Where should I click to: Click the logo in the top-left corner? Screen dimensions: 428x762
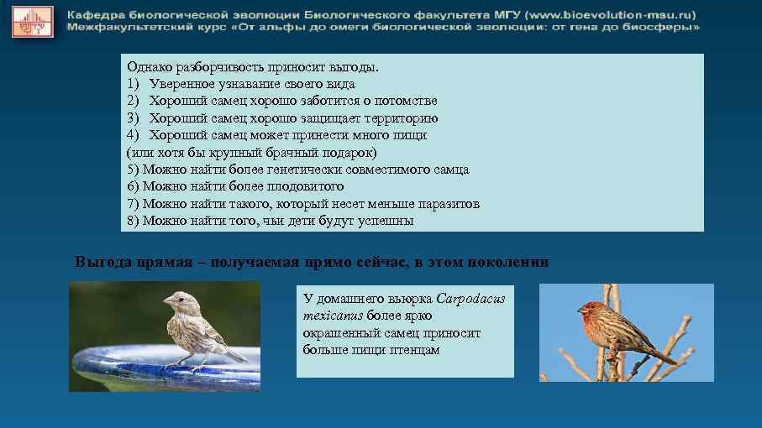[x=32, y=20]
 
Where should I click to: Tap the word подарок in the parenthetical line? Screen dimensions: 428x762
[x=353, y=153]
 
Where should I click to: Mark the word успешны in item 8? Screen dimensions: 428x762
[x=386, y=221]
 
